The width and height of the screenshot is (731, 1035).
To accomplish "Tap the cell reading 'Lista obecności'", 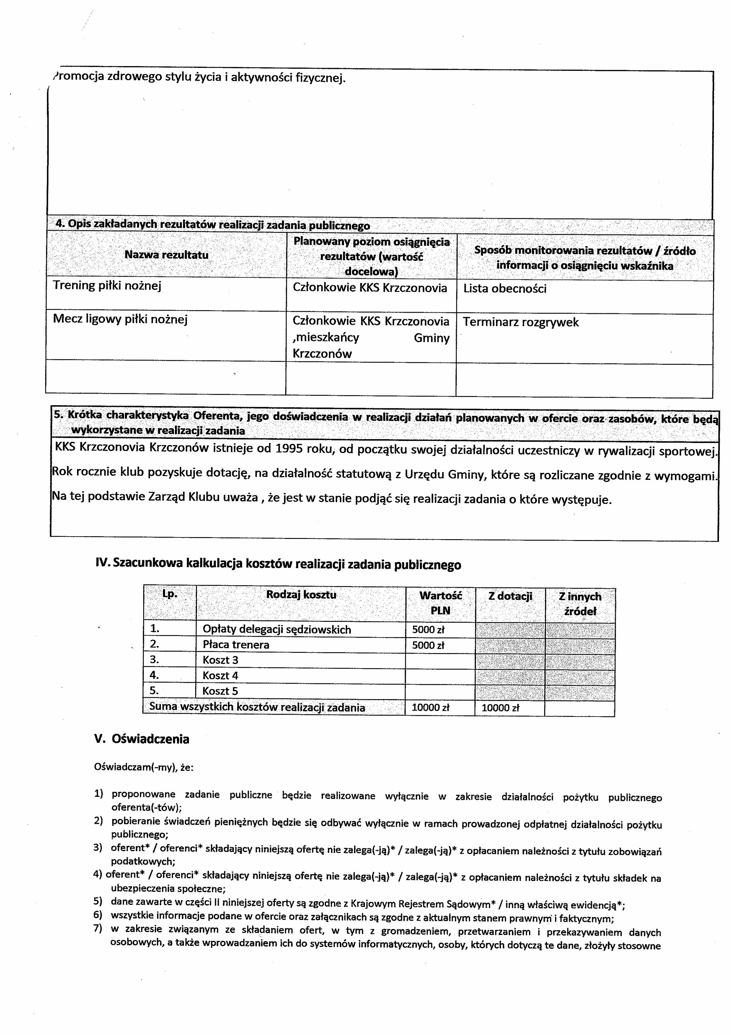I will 504,288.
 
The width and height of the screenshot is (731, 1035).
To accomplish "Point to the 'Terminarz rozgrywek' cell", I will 520,322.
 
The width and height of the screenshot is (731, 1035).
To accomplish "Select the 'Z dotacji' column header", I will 510,596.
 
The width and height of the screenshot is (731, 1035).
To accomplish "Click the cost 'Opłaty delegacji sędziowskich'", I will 276,629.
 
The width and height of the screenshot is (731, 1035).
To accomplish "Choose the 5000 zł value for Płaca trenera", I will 428,645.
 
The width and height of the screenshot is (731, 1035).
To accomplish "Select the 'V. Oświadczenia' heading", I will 141,739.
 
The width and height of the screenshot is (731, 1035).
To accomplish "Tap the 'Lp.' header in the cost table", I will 170,594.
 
